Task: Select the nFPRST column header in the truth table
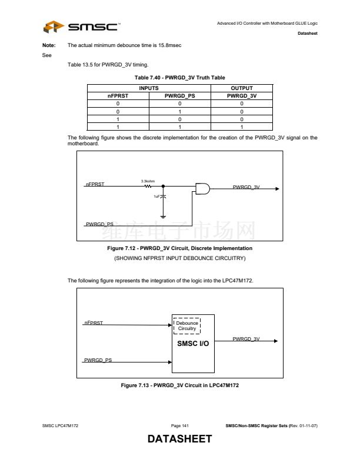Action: [x=118, y=95]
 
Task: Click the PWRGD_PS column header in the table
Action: [x=179, y=95]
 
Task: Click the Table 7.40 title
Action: [x=179, y=78]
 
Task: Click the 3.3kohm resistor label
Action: [x=148, y=181]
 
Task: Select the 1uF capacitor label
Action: [x=157, y=197]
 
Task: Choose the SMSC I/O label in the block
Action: [x=193, y=344]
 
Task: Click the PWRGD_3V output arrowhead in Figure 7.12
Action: [x=276, y=189]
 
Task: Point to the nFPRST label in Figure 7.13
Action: [x=94, y=323]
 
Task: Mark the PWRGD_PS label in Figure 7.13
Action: [x=98, y=360]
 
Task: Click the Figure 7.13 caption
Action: [x=179, y=385]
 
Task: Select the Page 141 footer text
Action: [x=179, y=425]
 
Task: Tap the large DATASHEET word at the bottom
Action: [x=179, y=440]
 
